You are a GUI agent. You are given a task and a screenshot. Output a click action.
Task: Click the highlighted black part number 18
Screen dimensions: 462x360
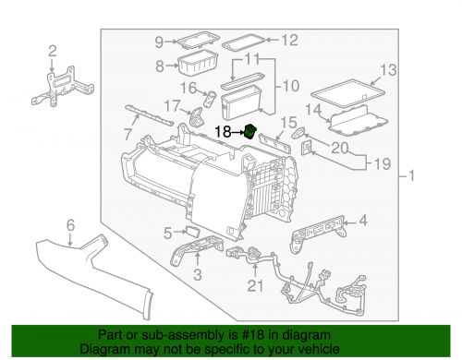250,132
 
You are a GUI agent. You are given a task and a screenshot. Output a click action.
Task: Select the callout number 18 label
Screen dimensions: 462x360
223,132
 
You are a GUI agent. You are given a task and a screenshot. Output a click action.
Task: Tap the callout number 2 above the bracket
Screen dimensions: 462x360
53,51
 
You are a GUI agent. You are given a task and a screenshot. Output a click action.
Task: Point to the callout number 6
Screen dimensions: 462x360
70,225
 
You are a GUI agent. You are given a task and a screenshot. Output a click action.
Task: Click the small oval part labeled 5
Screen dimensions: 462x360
192,231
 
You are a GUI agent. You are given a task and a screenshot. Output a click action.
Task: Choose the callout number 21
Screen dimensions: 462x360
255,286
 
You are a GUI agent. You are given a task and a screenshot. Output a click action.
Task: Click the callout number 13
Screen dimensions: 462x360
388,70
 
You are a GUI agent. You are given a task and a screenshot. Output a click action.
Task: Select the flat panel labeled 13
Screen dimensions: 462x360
348,93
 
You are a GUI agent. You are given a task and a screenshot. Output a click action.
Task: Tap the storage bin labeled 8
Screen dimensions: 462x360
198,64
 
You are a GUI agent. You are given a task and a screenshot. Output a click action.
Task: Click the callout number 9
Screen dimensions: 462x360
159,42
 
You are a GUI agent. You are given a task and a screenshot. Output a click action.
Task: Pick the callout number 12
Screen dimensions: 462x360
290,41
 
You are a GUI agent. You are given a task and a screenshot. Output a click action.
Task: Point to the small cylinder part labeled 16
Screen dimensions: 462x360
210,99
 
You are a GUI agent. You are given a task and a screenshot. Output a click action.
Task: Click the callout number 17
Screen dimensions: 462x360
172,106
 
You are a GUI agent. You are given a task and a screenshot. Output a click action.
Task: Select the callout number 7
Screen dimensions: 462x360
128,134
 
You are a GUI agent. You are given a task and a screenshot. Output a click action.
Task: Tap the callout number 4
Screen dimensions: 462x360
363,221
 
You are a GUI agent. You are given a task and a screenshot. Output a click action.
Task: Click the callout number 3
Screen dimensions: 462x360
198,274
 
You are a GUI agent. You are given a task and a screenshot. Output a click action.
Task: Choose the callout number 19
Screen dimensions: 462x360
383,163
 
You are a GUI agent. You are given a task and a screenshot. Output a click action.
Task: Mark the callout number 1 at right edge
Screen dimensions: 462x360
411,176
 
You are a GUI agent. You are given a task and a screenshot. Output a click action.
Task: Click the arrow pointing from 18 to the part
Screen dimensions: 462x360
237,133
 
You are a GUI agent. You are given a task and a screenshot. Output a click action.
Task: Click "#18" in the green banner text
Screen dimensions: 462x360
253,334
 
